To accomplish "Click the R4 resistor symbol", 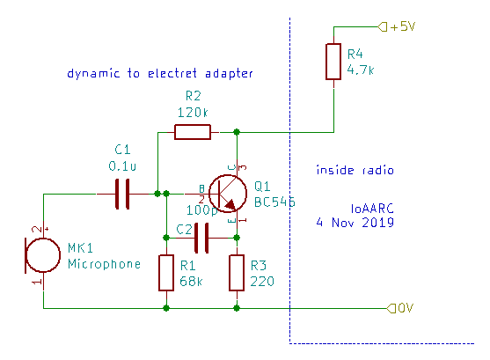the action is (333, 62).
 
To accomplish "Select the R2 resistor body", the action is (193, 132).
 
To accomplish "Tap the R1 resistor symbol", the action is (166, 273).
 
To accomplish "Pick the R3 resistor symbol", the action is (237, 273).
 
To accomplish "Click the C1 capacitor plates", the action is (122, 194).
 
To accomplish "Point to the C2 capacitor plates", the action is (201, 238).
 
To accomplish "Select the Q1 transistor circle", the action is (228, 194).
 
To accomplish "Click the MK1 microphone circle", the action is (43, 255).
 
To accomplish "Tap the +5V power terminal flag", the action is (382, 26).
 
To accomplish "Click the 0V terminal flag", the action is (391, 308).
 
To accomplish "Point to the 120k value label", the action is (193, 113).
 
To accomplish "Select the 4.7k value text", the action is (361, 70).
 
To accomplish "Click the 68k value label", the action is (191, 282).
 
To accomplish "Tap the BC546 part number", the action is (274, 202).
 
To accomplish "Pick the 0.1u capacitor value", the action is (122, 166).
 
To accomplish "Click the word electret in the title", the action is (172, 74).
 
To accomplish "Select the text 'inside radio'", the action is (355, 170).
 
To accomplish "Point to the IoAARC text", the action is (372, 209).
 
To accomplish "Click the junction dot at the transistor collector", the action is (237, 132).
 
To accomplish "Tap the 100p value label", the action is (201, 210).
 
